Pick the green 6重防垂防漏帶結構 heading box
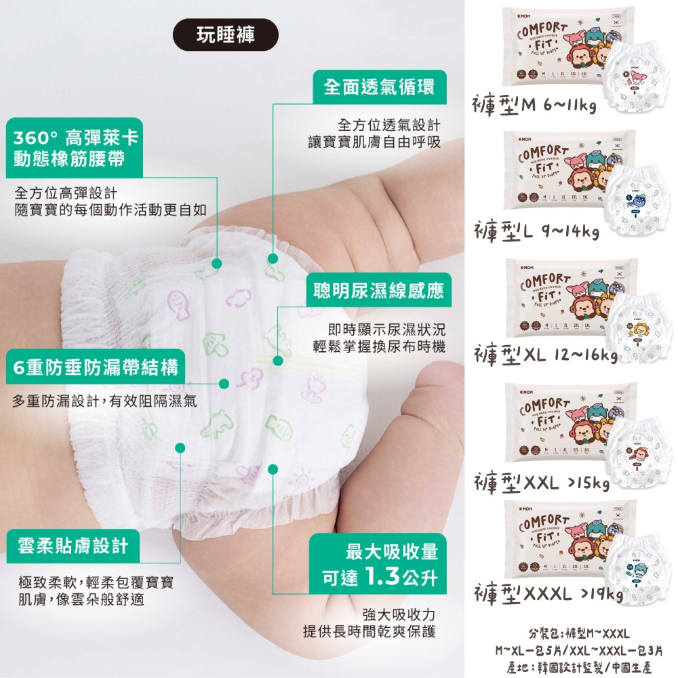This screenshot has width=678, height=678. coord(96,368)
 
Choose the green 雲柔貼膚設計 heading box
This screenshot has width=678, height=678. coord(74,546)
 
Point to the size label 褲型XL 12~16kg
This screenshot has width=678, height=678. coord(545,355)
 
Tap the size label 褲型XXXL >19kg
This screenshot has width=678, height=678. coord(548,594)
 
